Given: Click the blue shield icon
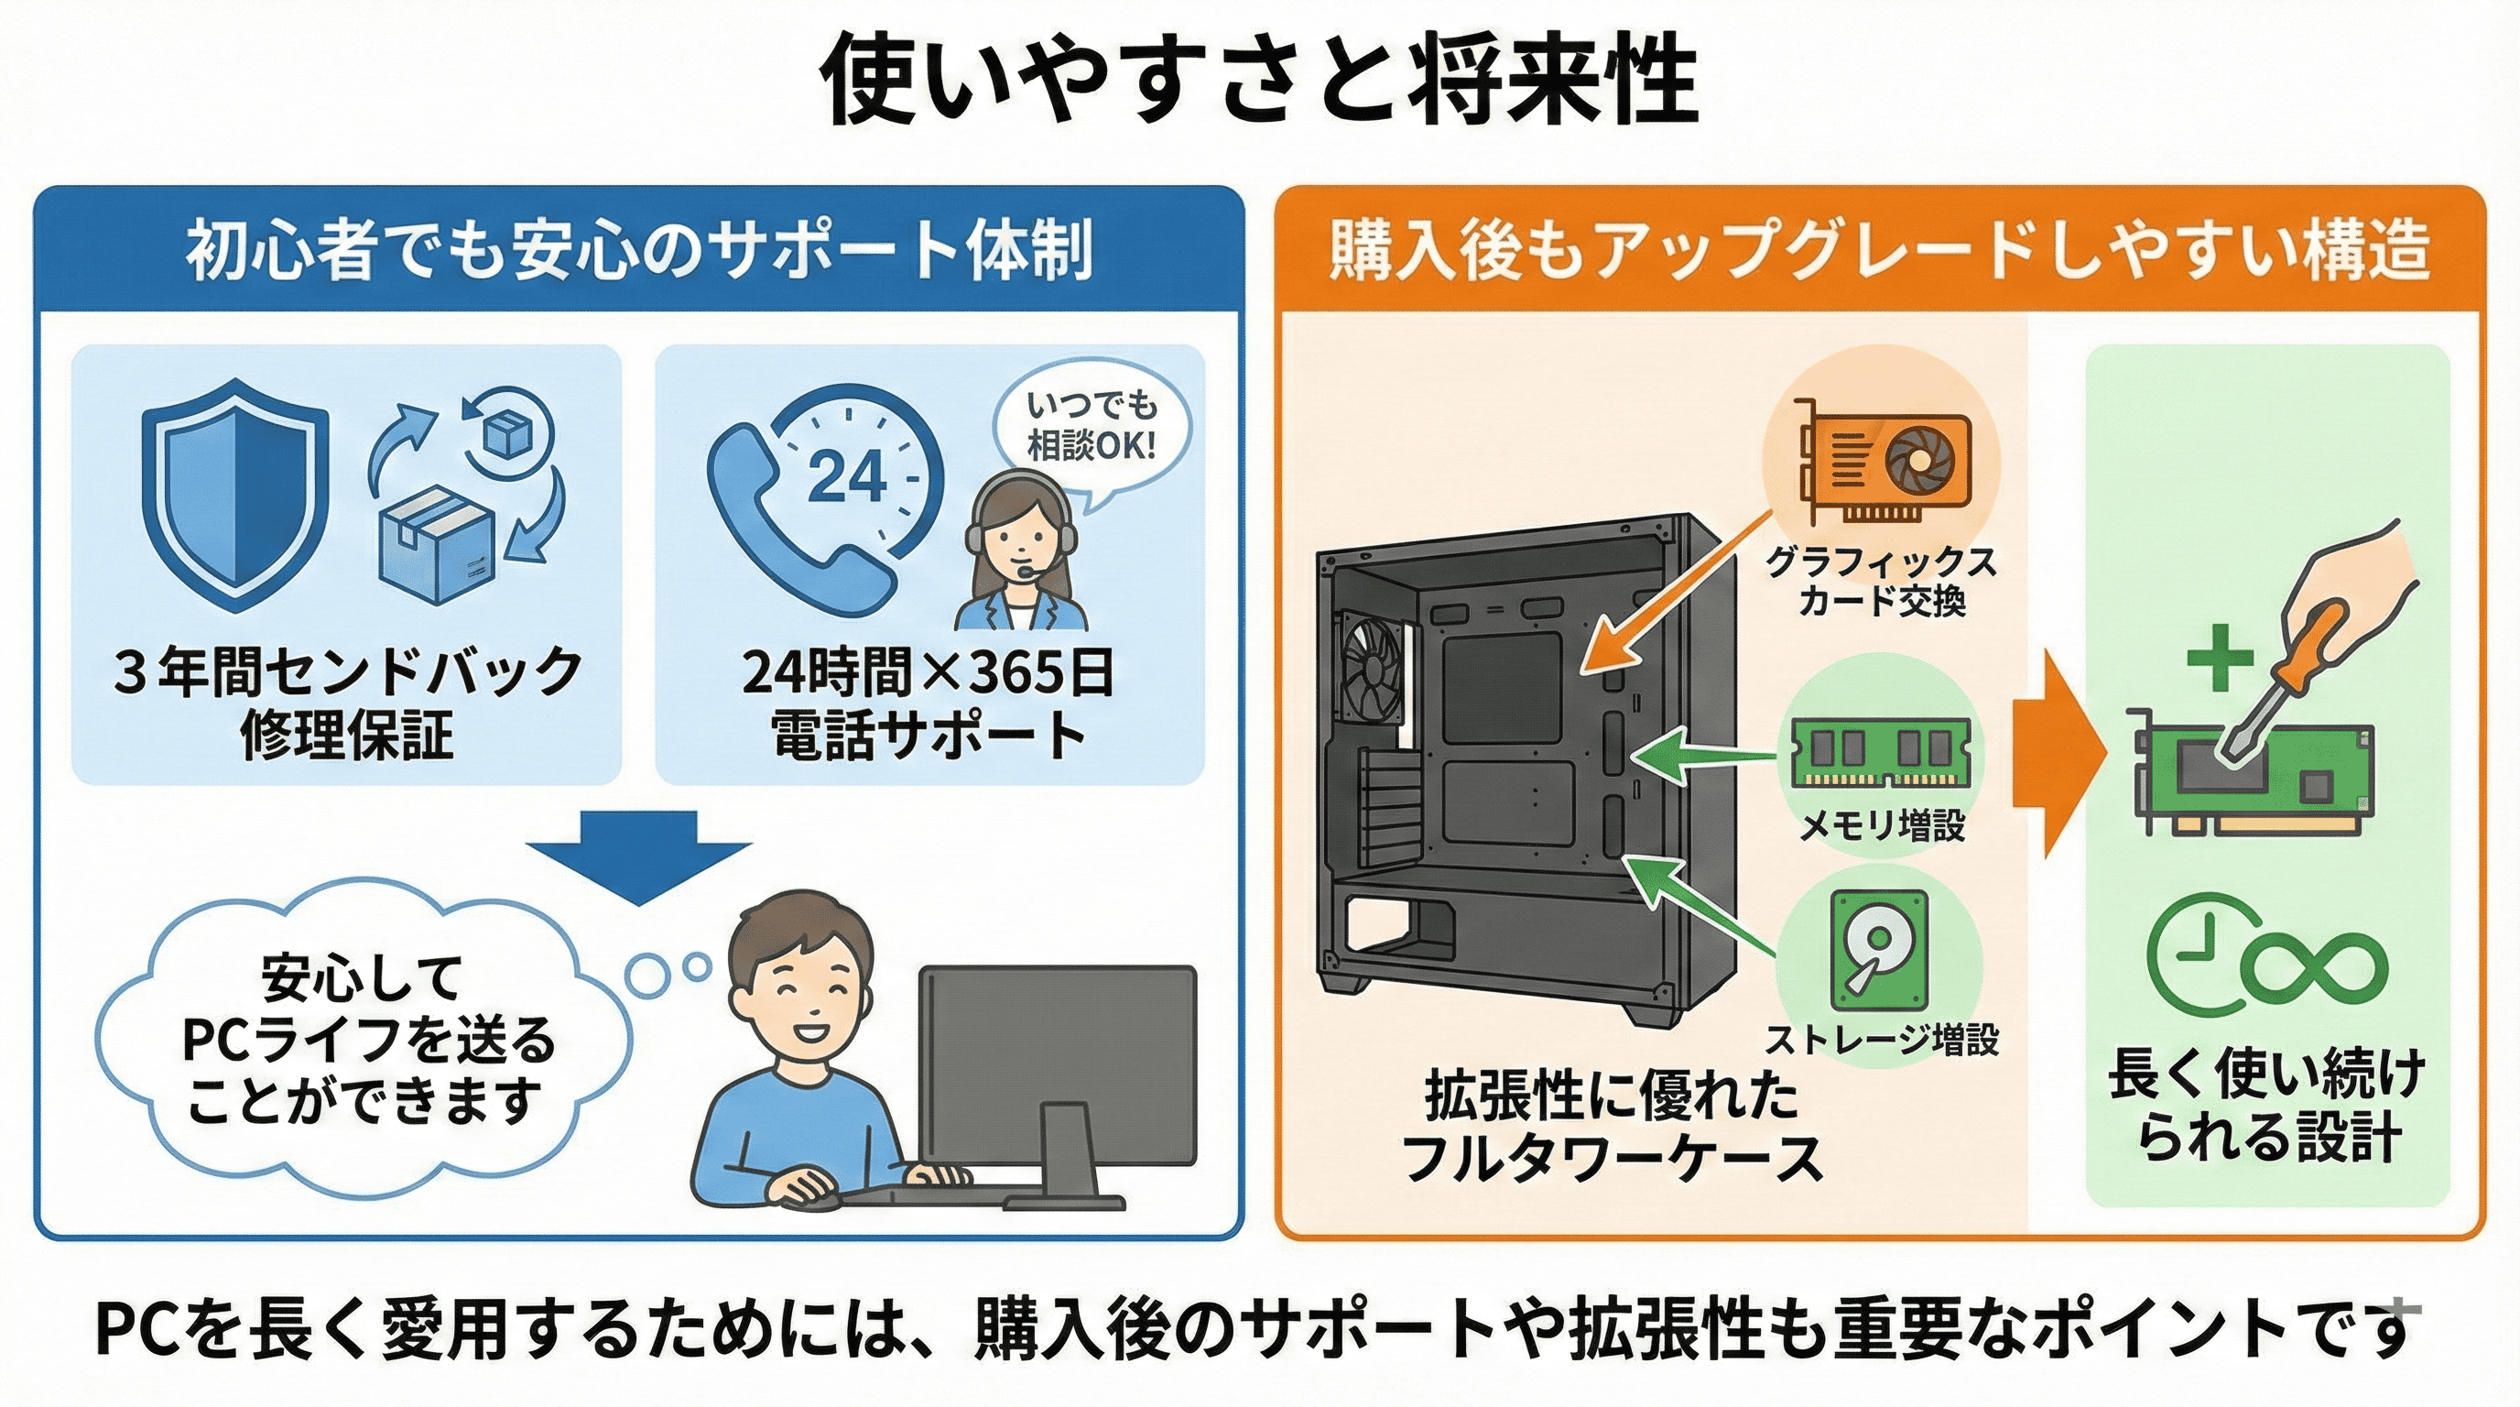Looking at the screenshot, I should coord(234,494).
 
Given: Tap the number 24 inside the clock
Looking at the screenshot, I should coord(847,477).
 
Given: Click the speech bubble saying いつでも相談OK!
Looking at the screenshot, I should coord(1091,428).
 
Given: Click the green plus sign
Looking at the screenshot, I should coord(2220,657).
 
